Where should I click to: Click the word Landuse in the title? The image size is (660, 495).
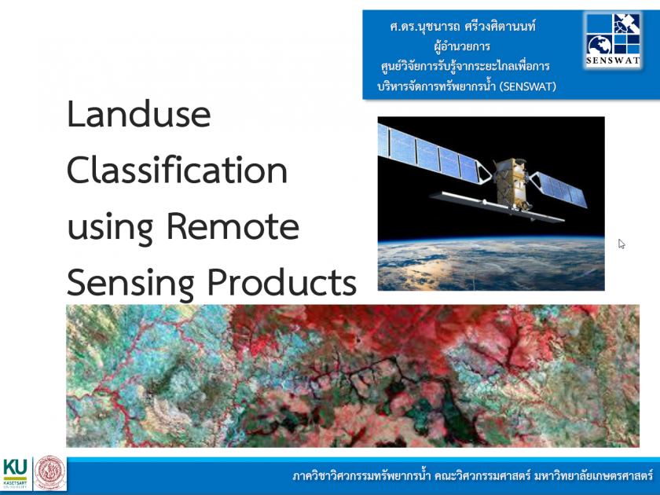pyautogui.click(x=139, y=114)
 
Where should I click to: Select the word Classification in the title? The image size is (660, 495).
pyautogui.click(x=178, y=170)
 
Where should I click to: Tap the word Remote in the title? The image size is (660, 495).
pyautogui.click(x=233, y=226)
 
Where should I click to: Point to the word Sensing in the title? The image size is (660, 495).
pyautogui.click(x=130, y=284)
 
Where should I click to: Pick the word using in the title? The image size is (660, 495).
pyautogui.click(x=110, y=229)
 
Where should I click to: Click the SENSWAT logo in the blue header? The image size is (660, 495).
pyautogui.click(x=613, y=39)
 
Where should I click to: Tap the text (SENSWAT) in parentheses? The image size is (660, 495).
pyautogui.click(x=528, y=86)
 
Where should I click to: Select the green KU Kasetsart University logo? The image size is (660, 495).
pyautogui.click(x=15, y=473)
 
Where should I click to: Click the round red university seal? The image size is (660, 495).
pyautogui.click(x=50, y=473)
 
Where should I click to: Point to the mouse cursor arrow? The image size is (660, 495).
pyautogui.click(x=621, y=244)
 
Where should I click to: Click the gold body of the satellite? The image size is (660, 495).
pyautogui.click(x=511, y=183)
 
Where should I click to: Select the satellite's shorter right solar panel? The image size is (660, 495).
pyautogui.click(x=558, y=189)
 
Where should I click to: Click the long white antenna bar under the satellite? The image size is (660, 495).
pyautogui.click(x=497, y=206)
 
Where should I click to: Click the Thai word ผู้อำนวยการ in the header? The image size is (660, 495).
pyautogui.click(x=462, y=46)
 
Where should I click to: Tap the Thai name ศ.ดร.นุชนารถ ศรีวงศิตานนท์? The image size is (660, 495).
pyautogui.click(x=463, y=26)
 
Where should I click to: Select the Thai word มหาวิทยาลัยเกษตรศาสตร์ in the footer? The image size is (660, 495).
pyautogui.click(x=593, y=476)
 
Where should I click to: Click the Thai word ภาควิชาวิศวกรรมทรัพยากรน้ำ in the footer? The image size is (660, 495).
pyautogui.click(x=361, y=476)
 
